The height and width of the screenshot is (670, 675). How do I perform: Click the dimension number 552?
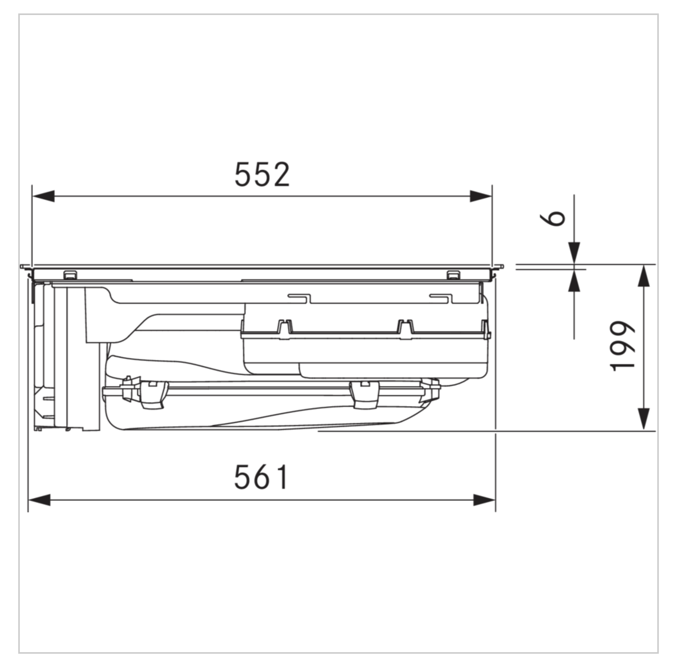[262, 174]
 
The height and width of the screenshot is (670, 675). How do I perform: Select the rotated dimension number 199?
[622, 346]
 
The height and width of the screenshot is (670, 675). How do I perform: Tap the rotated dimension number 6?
[552, 218]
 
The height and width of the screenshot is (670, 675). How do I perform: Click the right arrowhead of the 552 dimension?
[481, 196]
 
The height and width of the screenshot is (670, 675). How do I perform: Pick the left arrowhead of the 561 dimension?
[39, 500]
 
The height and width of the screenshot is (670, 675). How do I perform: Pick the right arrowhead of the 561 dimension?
[484, 500]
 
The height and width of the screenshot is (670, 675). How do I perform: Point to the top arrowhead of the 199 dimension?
[643, 276]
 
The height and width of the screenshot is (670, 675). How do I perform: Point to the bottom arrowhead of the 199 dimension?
[643, 419]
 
